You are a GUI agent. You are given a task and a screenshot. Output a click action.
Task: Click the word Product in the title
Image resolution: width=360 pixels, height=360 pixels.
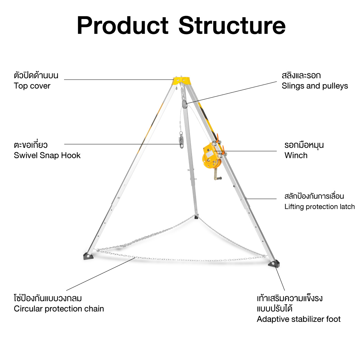123,26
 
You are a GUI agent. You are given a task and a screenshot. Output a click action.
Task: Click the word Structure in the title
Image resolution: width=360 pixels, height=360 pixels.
232,26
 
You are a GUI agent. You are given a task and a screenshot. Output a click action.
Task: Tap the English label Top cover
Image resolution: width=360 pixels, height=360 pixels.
32,86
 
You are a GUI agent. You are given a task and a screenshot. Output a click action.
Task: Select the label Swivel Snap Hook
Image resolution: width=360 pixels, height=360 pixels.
47,155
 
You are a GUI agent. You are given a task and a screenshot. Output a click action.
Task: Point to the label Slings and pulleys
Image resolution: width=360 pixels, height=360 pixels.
315,86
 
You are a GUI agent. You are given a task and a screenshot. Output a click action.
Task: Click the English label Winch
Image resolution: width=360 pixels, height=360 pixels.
296,155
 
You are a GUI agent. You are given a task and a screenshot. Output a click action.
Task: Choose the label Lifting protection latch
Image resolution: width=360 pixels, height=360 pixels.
319,207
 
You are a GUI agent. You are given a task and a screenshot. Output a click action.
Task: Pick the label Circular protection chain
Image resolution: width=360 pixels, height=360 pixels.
59,309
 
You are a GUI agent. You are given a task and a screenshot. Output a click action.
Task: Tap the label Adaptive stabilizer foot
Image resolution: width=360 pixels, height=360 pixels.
298,319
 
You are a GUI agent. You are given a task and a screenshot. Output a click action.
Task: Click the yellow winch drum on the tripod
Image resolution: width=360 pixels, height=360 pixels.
210,157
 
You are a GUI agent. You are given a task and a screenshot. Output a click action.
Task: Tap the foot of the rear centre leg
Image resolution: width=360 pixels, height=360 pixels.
196,216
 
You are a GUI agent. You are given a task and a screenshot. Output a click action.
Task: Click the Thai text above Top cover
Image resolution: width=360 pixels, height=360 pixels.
36,75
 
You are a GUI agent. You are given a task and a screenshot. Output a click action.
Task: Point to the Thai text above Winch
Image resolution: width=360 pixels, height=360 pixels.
304,145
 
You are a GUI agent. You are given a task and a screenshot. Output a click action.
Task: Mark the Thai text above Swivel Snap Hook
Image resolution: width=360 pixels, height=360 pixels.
30,145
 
